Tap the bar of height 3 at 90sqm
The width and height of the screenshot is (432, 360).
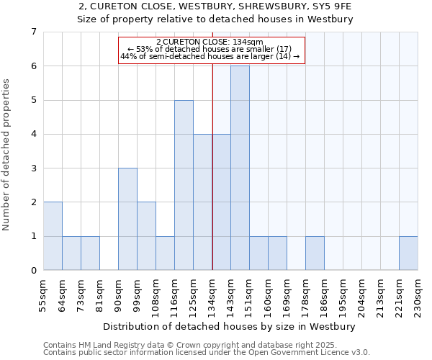coord(127,219)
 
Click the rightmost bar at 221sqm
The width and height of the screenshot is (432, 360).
coord(408,253)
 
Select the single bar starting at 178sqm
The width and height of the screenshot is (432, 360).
coord(315,253)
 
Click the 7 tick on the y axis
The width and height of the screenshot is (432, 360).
coord(33,32)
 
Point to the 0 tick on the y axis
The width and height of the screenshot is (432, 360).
coord(33,271)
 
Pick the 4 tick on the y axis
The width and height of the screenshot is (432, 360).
coord(33,134)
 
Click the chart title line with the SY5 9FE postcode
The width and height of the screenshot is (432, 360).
coord(215,6)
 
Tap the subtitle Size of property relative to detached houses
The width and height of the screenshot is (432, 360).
coord(215,19)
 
